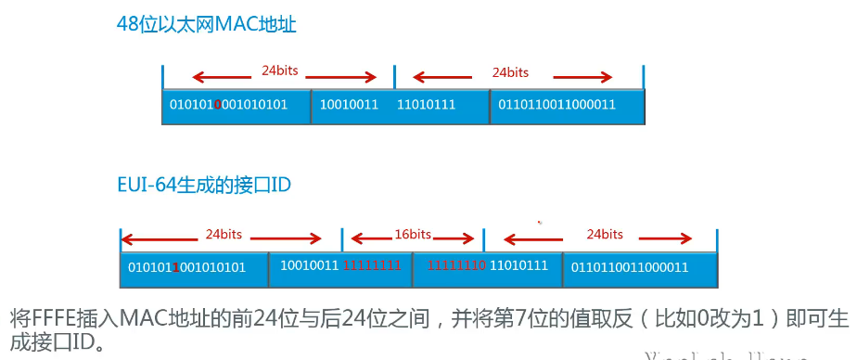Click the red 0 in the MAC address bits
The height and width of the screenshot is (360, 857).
pyautogui.click(x=217, y=106)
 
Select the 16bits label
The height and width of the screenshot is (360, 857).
pyautogui.click(x=413, y=233)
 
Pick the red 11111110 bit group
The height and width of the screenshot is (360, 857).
pyautogui.click(x=456, y=266)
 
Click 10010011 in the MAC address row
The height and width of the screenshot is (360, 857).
pyautogui.click(x=349, y=105)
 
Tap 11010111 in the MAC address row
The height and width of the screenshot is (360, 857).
pyautogui.click(x=426, y=105)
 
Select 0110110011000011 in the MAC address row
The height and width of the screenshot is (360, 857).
pyautogui.click(x=556, y=105)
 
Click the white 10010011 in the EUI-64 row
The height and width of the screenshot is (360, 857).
pyautogui.click(x=311, y=266)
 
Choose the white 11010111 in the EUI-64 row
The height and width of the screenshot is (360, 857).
pyautogui.click(x=519, y=266)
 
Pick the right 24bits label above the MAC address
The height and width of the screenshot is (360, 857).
pyautogui.click(x=510, y=71)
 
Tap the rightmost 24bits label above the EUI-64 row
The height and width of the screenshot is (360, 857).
pyautogui.click(x=605, y=234)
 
